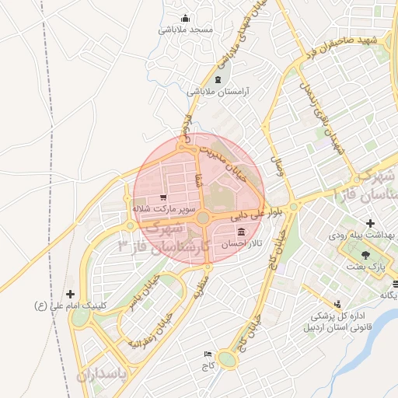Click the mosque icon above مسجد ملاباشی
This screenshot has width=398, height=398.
(185, 19)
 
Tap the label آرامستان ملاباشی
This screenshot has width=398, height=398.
(215, 91)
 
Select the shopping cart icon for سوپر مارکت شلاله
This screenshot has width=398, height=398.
(162, 197)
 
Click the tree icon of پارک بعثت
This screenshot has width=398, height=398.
(366, 255)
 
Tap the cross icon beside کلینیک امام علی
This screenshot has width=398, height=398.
(72, 295)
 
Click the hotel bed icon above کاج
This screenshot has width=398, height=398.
(207, 353)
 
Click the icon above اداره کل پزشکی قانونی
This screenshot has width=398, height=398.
(337, 305)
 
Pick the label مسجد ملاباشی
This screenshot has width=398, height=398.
(186, 30)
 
